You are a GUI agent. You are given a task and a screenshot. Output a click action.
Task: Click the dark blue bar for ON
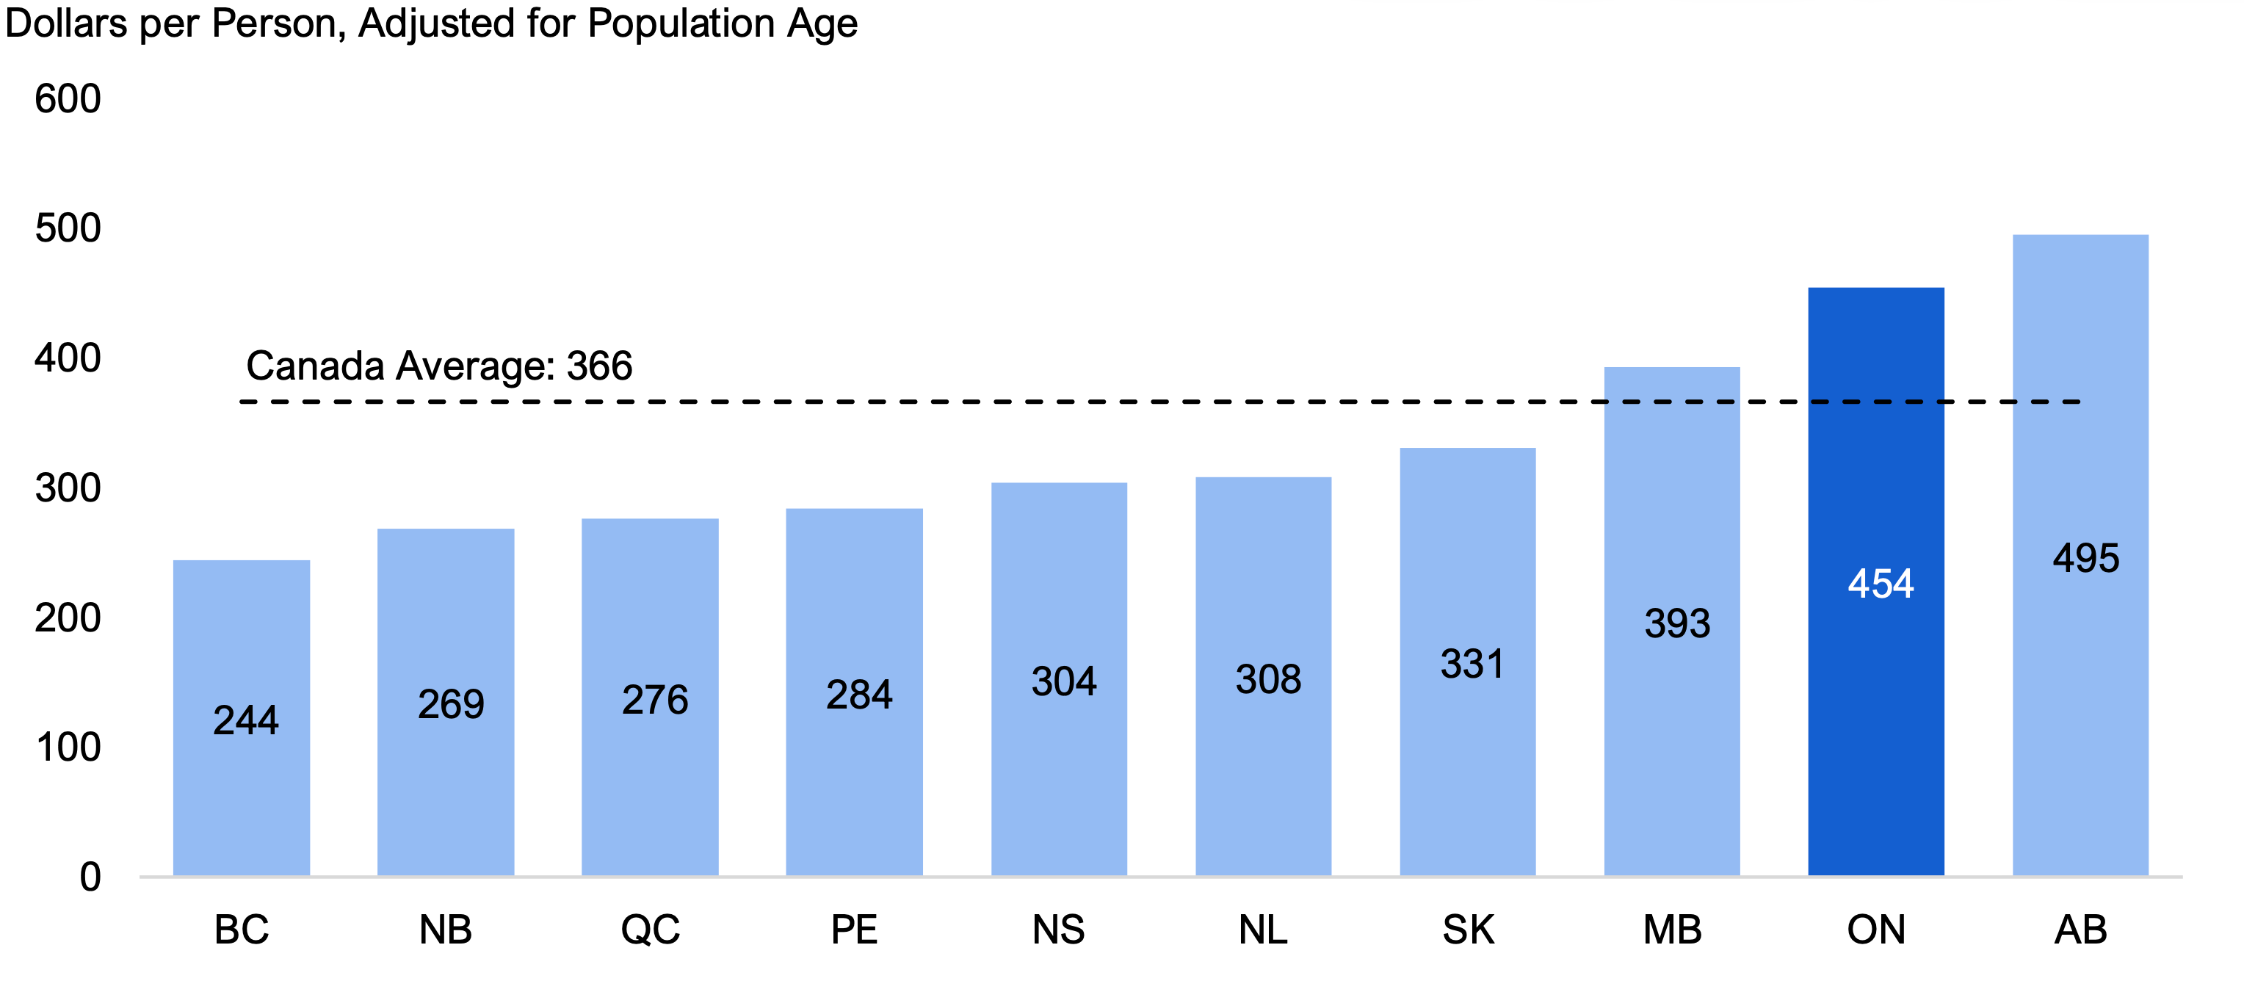pyautogui.click(x=1875, y=582)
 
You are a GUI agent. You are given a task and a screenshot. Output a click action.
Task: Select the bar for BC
pyautogui.click(x=242, y=718)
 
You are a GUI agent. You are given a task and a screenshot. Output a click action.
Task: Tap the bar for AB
pyautogui.click(x=2080, y=555)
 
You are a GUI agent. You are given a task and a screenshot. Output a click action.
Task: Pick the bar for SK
pyautogui.click(x=1467, y=662)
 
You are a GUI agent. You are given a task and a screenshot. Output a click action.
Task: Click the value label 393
pyautogui.click(x=1677, y=623)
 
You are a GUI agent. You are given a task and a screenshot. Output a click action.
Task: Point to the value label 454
pyautogui.click(x=1881, y=583)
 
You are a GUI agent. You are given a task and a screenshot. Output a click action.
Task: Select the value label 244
pyautogui.click(x=246, y=720)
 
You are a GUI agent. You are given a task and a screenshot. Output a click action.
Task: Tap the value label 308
pyautogui.click(x=1268, y=679)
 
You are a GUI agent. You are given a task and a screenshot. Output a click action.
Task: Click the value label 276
pyautogui.click(x=655, y=700)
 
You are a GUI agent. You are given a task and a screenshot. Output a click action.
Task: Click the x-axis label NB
pyautogui.click(x=445, y=930)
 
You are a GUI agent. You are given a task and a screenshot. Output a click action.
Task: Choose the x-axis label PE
pyautogui.click(x=854, y=930)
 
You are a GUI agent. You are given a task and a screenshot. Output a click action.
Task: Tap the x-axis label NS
pyautogui.click(x=1058, y=930)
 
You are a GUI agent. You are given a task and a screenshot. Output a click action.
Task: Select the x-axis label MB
pyautogui.click(x=1673, y=930)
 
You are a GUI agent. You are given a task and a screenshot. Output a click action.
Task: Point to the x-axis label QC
pyautogui.click(x=650, y=930)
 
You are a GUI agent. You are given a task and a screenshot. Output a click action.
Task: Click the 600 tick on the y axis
pyautogui.click(x=68, y=98)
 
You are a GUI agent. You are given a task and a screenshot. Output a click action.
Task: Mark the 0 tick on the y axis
pyautogui.click(x=90, y=877)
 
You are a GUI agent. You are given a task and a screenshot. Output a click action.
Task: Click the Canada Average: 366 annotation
pyautogui.click(x=439, y=366)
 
